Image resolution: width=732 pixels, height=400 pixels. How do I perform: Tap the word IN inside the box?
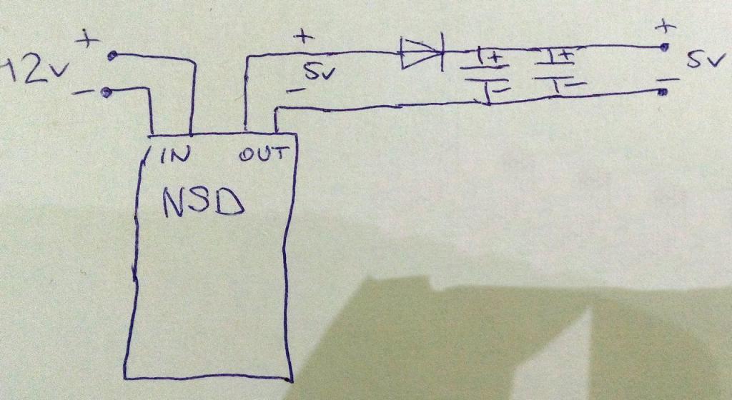[x=174, y=156]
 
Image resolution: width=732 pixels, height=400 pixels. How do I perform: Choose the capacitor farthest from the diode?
[x=559, y=71]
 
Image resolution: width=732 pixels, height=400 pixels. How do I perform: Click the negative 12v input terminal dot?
[x=107, y=91]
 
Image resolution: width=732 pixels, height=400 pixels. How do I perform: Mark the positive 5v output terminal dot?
[x=664, y=47]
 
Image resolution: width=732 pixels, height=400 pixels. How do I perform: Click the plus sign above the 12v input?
[x=89, y=40]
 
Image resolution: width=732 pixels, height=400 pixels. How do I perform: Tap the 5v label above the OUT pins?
[x=316, y=72]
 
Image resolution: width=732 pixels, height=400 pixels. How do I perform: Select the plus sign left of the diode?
[x=304, y=36]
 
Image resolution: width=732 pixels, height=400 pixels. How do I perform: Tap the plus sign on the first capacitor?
[x=492, y=56]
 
